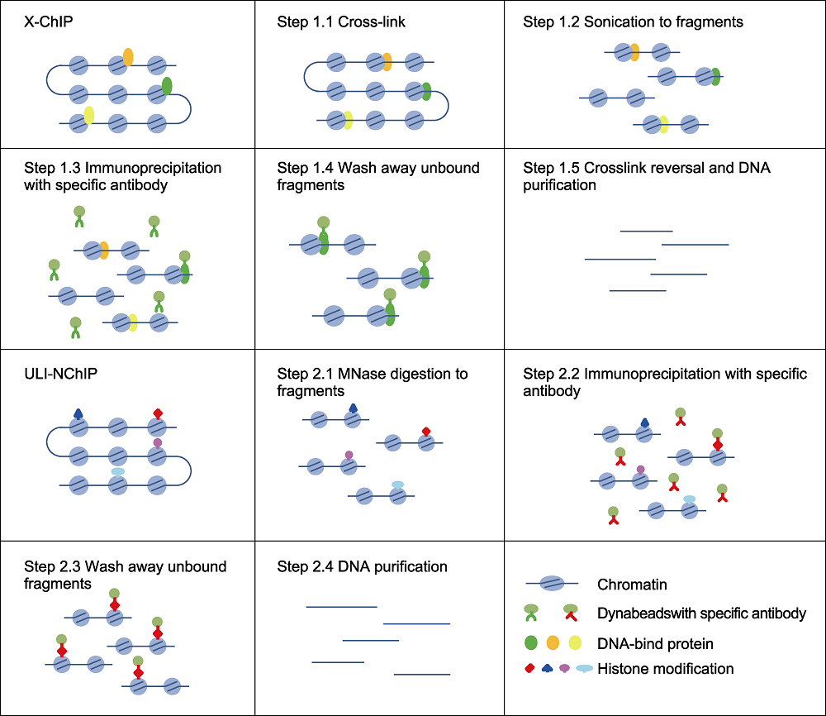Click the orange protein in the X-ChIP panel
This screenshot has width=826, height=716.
[128, 57]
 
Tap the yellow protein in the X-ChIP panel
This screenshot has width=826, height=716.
[89, 116]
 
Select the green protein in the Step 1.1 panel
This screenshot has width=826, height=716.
[427, 91]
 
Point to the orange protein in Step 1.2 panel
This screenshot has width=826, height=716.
[634, 52]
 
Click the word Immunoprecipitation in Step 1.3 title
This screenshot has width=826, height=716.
[153, 168]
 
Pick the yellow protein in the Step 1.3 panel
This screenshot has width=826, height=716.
[133, 322]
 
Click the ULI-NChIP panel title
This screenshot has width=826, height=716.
[60, 373]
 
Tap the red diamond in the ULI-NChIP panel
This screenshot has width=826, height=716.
[158, 413]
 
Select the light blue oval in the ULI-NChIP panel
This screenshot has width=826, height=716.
[118, 471]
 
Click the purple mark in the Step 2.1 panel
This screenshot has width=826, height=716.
[349, 456]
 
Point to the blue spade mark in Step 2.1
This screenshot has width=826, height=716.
[354, 408]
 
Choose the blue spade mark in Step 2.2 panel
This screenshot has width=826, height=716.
[645, 422]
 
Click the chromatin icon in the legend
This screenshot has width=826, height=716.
[552, 583]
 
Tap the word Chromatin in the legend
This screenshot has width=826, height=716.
[632, 585]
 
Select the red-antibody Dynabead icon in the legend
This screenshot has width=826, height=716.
[571, 612]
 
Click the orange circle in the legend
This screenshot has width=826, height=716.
[553, 642]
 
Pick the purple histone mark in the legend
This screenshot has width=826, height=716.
[564, 669]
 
